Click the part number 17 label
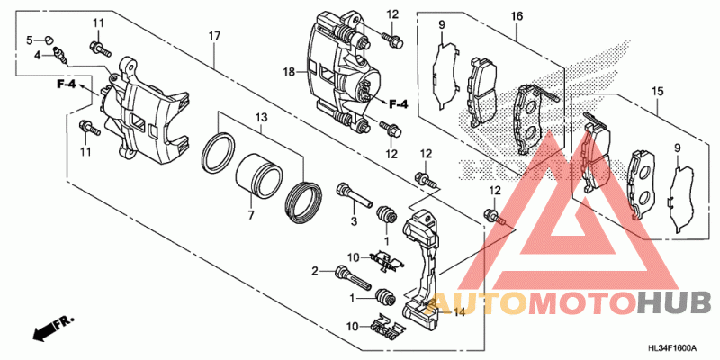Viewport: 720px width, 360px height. pyautogui.click(x=214, y=35)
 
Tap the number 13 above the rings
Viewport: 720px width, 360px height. pyautogui.click(x=261, y=118)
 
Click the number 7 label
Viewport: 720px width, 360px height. pyautogui.click(x=251, y=215)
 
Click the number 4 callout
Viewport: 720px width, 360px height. pyautogui.click(x=38, y=55)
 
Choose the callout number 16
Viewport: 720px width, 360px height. pyautogui.click(x=517, y=16)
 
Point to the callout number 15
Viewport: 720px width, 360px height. pyautogui.click(x=656, y=91)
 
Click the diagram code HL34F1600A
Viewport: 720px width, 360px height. pyautogui.click(x=670, y=345)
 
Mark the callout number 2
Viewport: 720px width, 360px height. pyautogui.click(x=316, y=271)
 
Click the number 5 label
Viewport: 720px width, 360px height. pyautogui.click(x=29, y=40)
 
